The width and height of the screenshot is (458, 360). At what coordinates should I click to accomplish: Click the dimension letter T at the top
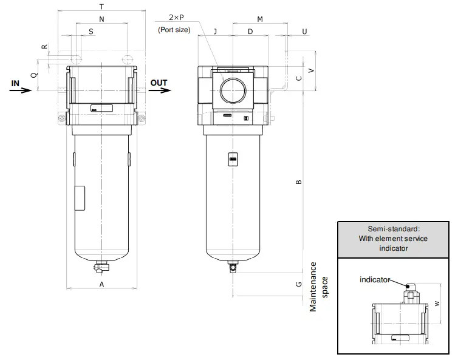(x=101, y=7)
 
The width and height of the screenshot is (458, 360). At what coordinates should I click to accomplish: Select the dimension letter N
(x=101, y=19)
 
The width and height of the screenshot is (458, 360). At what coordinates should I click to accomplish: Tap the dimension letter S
(x=91, y=32)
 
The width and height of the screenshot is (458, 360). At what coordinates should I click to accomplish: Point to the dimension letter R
(x=44, y=46)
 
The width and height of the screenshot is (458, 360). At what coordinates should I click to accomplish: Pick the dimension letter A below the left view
(x=101, y=284)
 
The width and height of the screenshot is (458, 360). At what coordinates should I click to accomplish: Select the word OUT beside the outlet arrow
(x=159, y=83)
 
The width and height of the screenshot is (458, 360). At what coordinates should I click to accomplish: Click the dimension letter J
(x=216, y=32)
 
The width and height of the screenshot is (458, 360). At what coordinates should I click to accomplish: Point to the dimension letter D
(x=250, y=32)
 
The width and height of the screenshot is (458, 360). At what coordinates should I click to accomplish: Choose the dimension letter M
(x=260, y=19)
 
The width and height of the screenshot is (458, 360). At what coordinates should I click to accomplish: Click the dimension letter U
(x=304, y=32)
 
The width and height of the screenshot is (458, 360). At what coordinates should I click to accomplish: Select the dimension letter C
(x=298, y=78)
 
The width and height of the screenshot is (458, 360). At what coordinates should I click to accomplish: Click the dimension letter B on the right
(x=298, y=182)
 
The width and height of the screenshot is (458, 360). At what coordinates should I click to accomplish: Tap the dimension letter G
(x=298, y=284)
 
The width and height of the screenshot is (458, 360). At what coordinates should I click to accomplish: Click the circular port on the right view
(x=234, y=90)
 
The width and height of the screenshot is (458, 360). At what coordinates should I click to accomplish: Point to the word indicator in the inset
(x=374, y=279)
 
